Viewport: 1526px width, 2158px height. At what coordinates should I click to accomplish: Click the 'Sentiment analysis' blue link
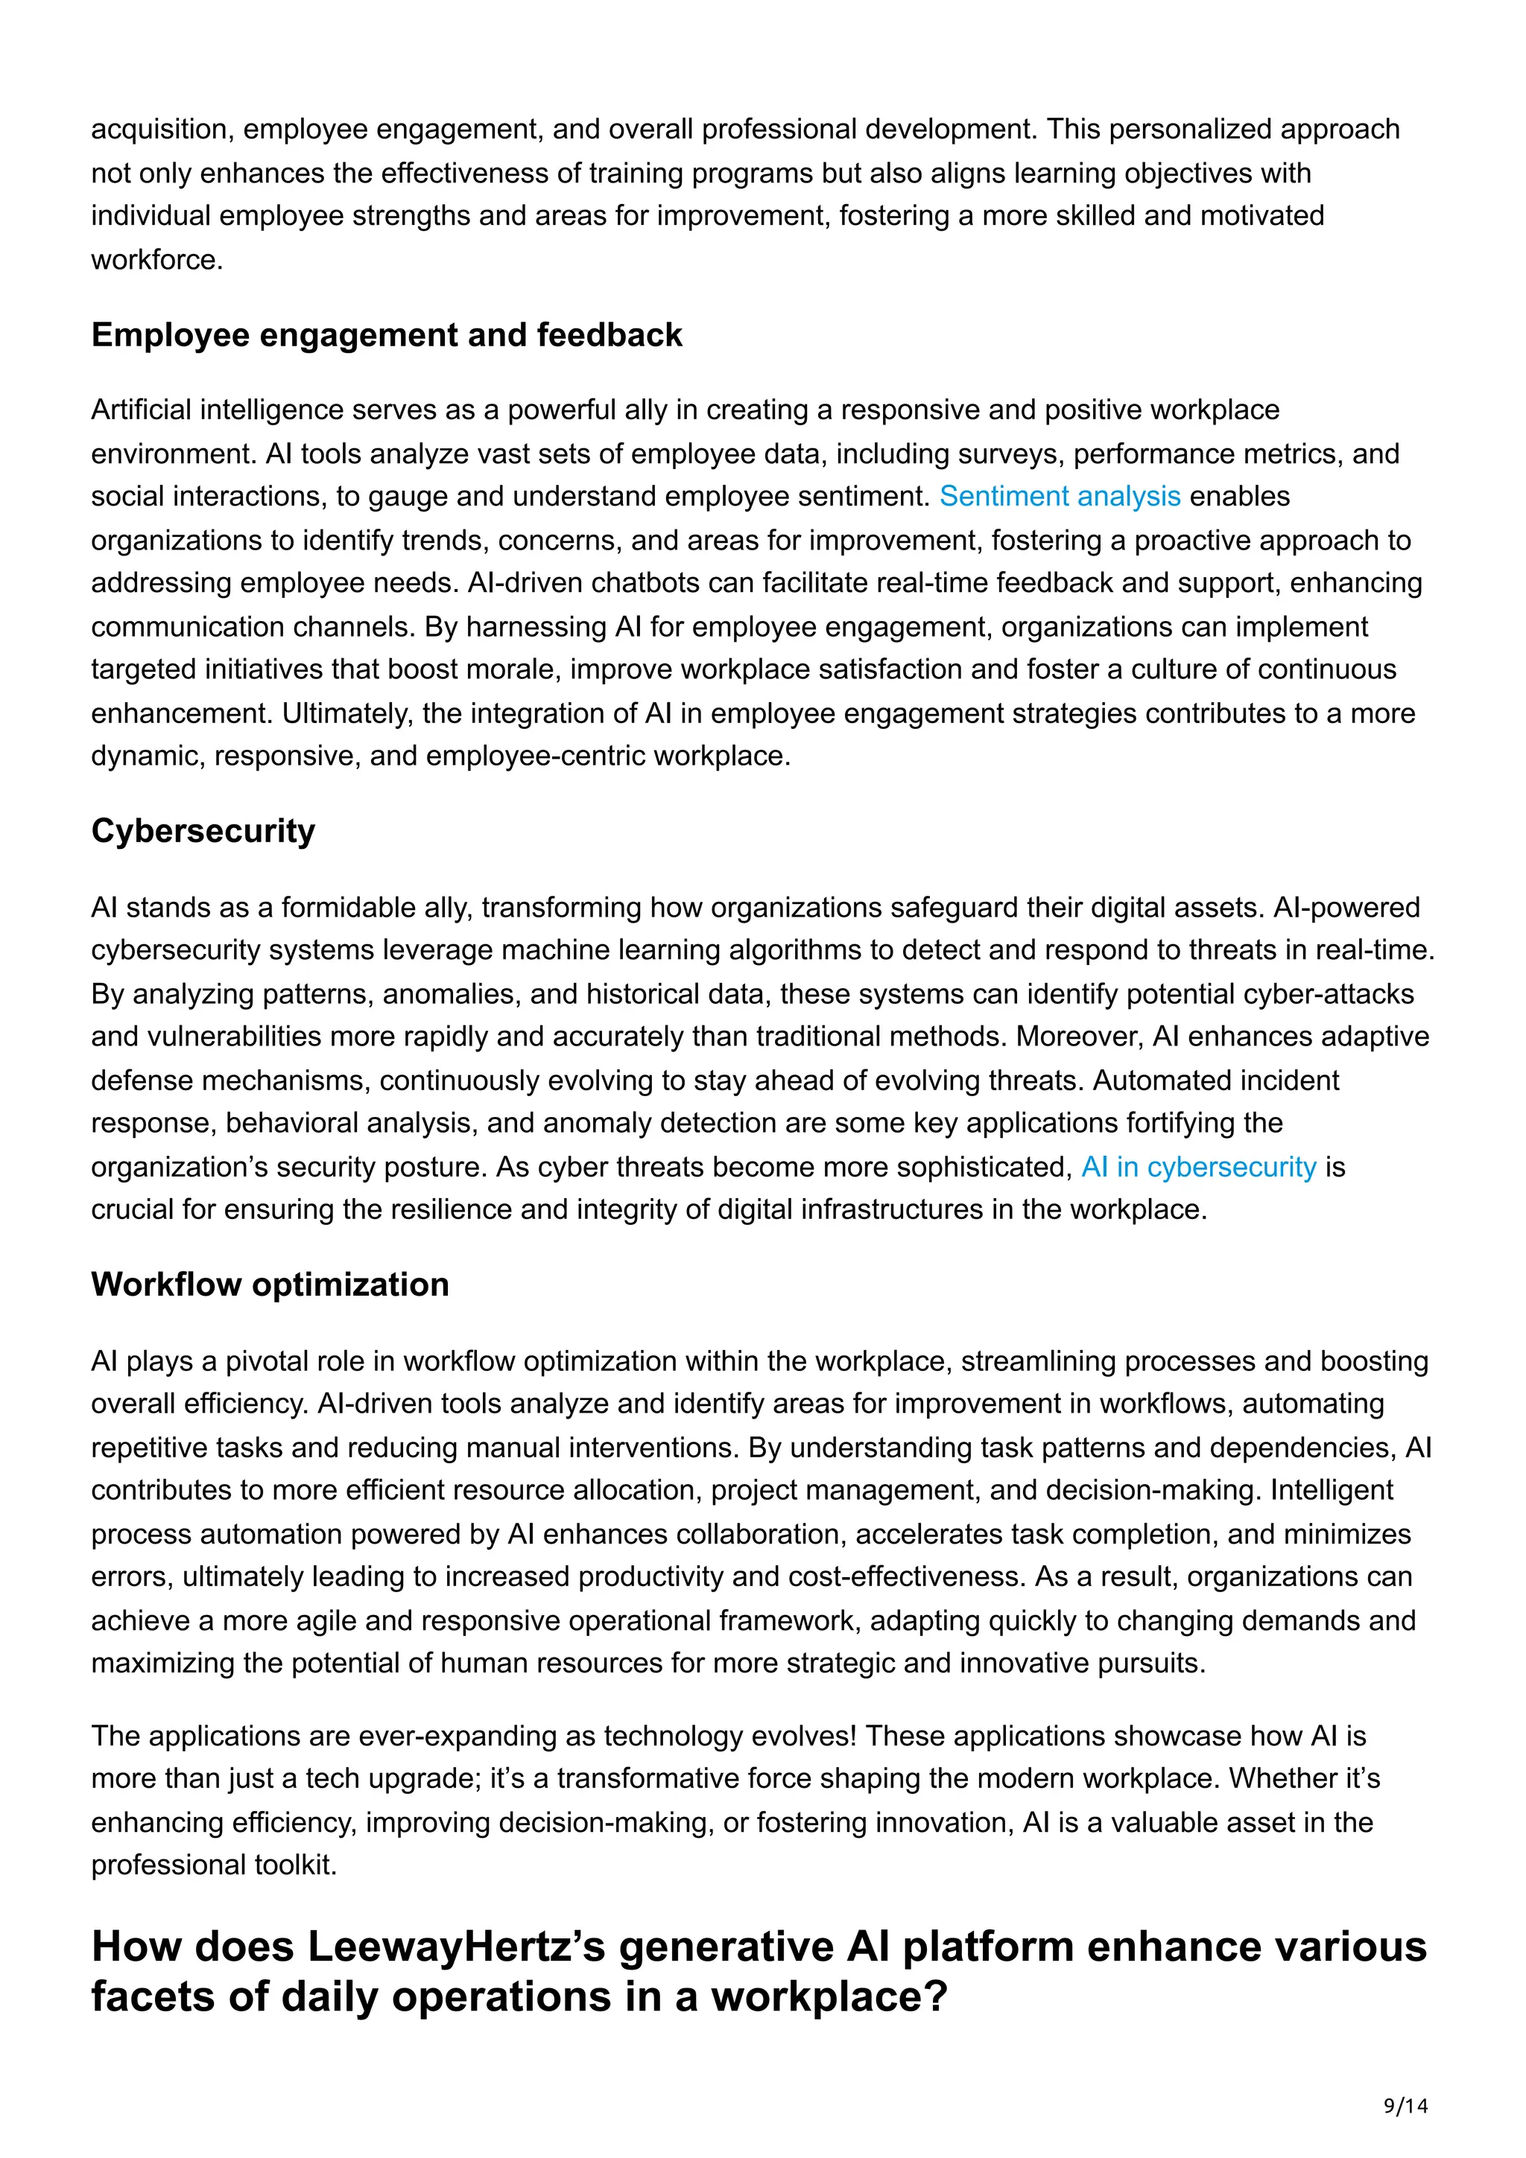pyautogui.click(x=1060, y=496)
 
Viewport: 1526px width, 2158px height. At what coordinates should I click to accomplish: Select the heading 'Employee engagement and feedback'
pyautogui.click(x=387, y=336)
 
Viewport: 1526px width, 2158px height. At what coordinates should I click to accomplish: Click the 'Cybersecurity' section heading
pyautogui.click(x=203, y=831)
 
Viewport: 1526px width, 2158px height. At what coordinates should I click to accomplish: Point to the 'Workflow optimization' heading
pyautogui.click(x=270, y=1285)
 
